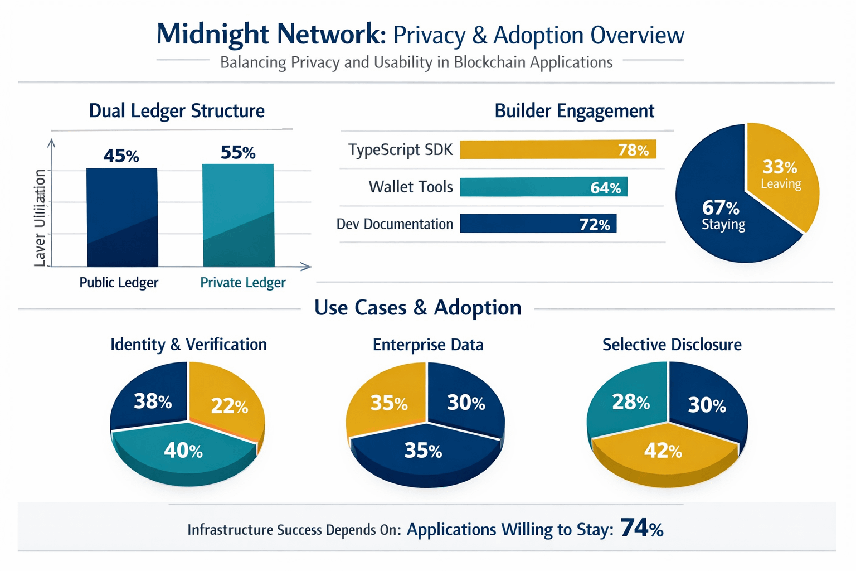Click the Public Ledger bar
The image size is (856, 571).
pyautogui.click(x=122, y=217)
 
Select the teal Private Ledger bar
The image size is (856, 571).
pyautogui.click(x=238, y=215)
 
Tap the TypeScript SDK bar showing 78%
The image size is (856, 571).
pyautogui.click(x=557, y=149)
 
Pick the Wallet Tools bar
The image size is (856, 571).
pyautogui.click(x=543, y=187)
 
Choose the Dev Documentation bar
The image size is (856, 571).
pyautogui.click(x=538, y=224)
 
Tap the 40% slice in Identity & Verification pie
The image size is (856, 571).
pyautogui.click(x=183, y=451)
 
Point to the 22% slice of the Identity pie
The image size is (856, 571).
pyautogui.click(x=229, y=406)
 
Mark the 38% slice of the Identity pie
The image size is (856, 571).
pyautogui.click(x=152, y=400)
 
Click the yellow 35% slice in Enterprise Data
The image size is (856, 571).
pyautogui.click(x=388, y=403)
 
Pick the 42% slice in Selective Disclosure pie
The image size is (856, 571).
pyautogui.click(x=663, y=451)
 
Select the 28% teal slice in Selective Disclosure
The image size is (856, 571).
pyautogui.click(x=630, y=401)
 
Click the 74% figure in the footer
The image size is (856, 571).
pyautogui.click(x=641, y=528)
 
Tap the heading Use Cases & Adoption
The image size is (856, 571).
pyautogui.click(x=417, y=308)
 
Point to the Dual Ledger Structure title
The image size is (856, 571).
pyautogui.click(x=177, y=110)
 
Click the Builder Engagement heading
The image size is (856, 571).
pyautogui.click(x=574, y=110)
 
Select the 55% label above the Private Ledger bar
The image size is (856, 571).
pyautogui.click(x=238, y=152)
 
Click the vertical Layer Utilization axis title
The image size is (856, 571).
pyautogui.click(x=40, y=217)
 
